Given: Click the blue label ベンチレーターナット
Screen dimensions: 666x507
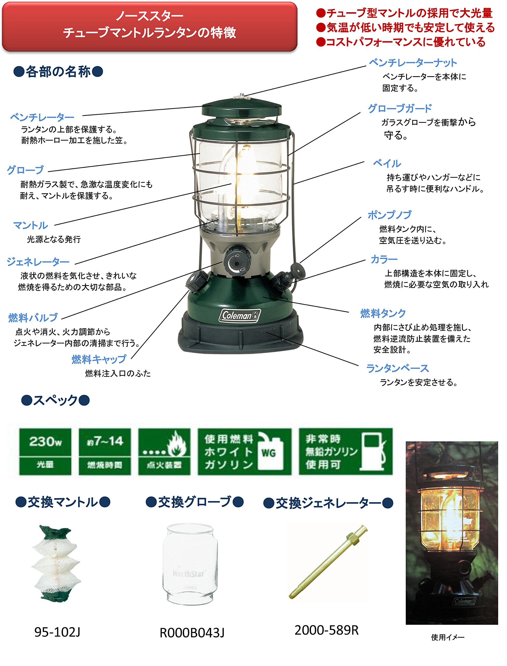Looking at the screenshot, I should click(413, 63).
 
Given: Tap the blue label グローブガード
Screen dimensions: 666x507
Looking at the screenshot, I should click(400, 108).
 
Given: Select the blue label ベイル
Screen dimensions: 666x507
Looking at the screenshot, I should click(387, 164).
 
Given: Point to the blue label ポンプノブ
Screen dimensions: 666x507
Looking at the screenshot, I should click(389, 215).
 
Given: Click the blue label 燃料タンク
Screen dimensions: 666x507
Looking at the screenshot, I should click(383, 313).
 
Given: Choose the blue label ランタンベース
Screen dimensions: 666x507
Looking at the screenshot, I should click(397, 368).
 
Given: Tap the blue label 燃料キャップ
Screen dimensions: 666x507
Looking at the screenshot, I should click(99, 359).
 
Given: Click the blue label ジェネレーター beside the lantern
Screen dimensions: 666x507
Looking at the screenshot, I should click(38, 262).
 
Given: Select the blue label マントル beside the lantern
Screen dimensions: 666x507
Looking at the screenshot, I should click(30, 225).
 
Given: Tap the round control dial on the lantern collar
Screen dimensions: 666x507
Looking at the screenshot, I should click(237, 260).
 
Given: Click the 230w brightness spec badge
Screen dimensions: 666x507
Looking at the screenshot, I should click(45, 451).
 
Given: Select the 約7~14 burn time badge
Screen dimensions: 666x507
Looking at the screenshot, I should click(105, 451).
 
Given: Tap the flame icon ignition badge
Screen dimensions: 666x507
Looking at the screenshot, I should click(164, 451).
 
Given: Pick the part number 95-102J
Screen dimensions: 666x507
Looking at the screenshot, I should click(57, 632).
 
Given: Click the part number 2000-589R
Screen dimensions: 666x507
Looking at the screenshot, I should click(327, 630).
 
